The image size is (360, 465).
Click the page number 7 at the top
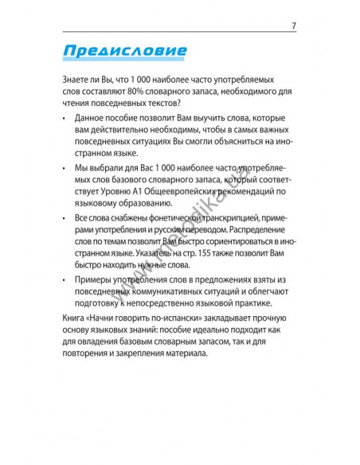(294, 25)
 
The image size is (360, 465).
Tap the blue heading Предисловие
(123, 53)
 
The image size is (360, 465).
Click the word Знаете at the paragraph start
(76, 80)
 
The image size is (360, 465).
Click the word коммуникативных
(171, 292)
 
